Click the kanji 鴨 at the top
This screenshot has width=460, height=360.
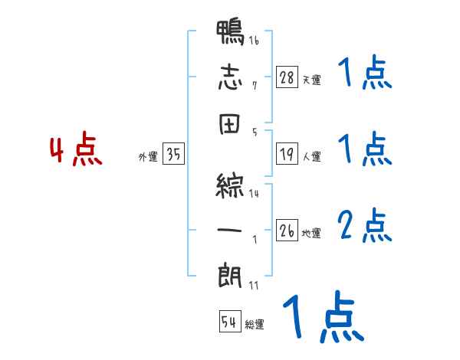(231, 35)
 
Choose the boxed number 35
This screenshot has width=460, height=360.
(173, 155)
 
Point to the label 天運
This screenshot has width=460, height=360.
(311, 79)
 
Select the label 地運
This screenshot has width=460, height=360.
(311, 233)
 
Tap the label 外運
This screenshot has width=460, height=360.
(148, 157)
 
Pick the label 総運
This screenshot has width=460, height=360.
(255, 325)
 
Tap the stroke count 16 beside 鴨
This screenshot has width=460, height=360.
(254, 41)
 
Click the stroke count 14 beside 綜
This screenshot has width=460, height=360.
(254, 195)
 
